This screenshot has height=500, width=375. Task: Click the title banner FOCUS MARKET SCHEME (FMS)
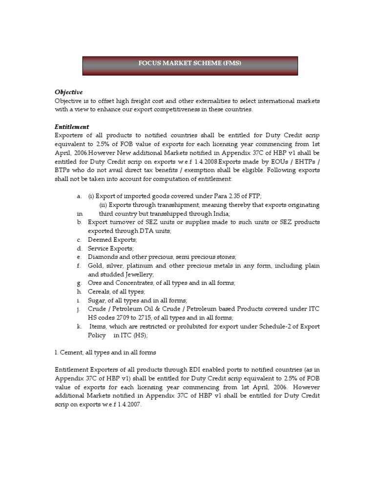coord(190,63)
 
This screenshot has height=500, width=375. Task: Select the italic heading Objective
coord(68,92)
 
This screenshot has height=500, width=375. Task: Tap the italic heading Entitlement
coord(72,126)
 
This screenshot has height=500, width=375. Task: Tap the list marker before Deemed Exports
coord(79,240)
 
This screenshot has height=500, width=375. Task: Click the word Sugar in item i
coord(97,300)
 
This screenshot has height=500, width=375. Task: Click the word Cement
coord(72,352)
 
